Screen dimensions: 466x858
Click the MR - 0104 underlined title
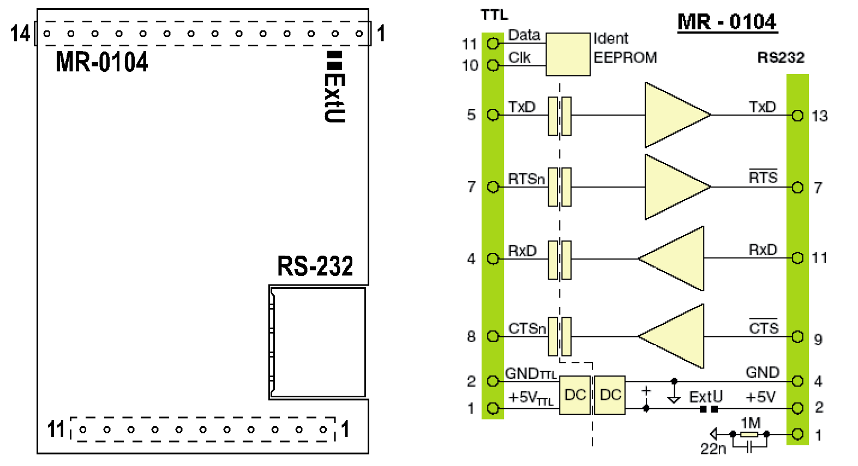click(727, 22)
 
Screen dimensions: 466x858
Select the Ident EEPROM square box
click(568, 55)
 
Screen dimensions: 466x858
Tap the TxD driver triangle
click(675, 115)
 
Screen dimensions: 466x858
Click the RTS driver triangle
click(675, 187)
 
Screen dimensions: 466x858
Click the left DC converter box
click(575, 395)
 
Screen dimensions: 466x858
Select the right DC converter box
click(610, 395)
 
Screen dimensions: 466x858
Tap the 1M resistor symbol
click(749, 434)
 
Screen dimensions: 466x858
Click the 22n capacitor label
click(713, 449)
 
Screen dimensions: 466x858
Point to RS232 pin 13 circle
click(797, 116)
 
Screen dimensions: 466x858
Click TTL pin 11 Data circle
click(493, 43)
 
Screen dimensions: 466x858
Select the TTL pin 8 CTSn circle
click(493, 336)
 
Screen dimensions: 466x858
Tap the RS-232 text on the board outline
click(315, 267)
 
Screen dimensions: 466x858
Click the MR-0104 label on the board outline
click(102, 62)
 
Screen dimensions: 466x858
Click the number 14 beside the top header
click(20, 34)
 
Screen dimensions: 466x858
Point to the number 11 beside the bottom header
click(56, 429)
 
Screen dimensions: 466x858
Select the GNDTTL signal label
click(531, 374)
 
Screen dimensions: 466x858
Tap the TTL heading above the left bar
click(494, 15)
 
